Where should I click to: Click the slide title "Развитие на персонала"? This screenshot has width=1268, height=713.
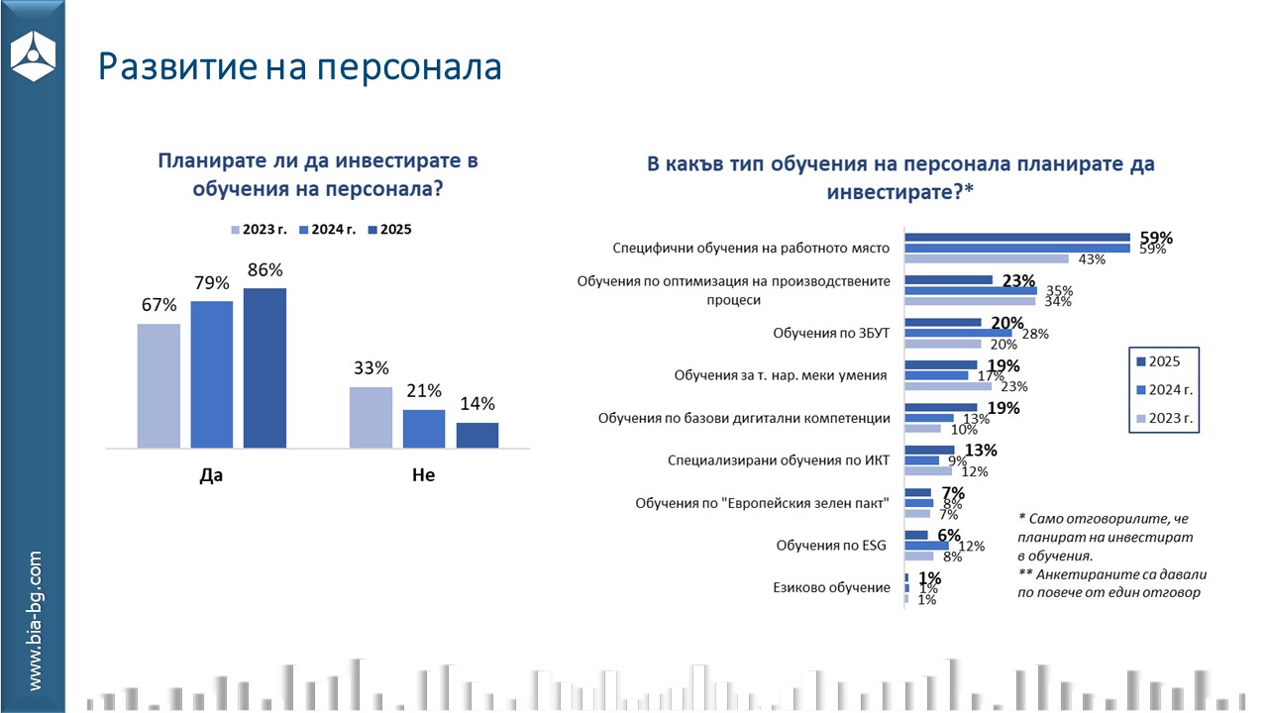pyautogui.click(x=300, y=66)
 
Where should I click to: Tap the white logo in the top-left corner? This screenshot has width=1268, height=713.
pyautogui.click(x=33, y=56)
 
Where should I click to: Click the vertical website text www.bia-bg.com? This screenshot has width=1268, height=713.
pyautogui.click(x=35, y=621)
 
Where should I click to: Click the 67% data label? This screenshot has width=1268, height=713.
pyautogui.click(x=158, y=305)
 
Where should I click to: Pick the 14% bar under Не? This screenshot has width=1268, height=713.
pyautogui.click(x=477, y=436)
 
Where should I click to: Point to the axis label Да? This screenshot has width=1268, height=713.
pyautogui.click(x=211, y=476)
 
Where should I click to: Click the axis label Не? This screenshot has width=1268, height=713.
pyautogui.click(x=423, y=476)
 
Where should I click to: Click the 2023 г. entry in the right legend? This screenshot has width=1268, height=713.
pyautogui.click(x=1165, y=419)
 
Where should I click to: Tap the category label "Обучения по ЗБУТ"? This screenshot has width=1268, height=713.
pyautogui.click(x=831, y=333)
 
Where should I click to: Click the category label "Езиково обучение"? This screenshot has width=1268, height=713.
pyautogui.click(x=831, y=588)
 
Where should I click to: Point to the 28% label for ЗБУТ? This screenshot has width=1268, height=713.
pyautogui.click(x=1034, y=334)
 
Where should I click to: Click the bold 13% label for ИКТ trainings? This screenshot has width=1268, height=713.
pyautogui.click(x=980, y=451)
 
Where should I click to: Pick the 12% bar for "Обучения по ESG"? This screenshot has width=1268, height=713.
pyautogui.click(x=928, y=546)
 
